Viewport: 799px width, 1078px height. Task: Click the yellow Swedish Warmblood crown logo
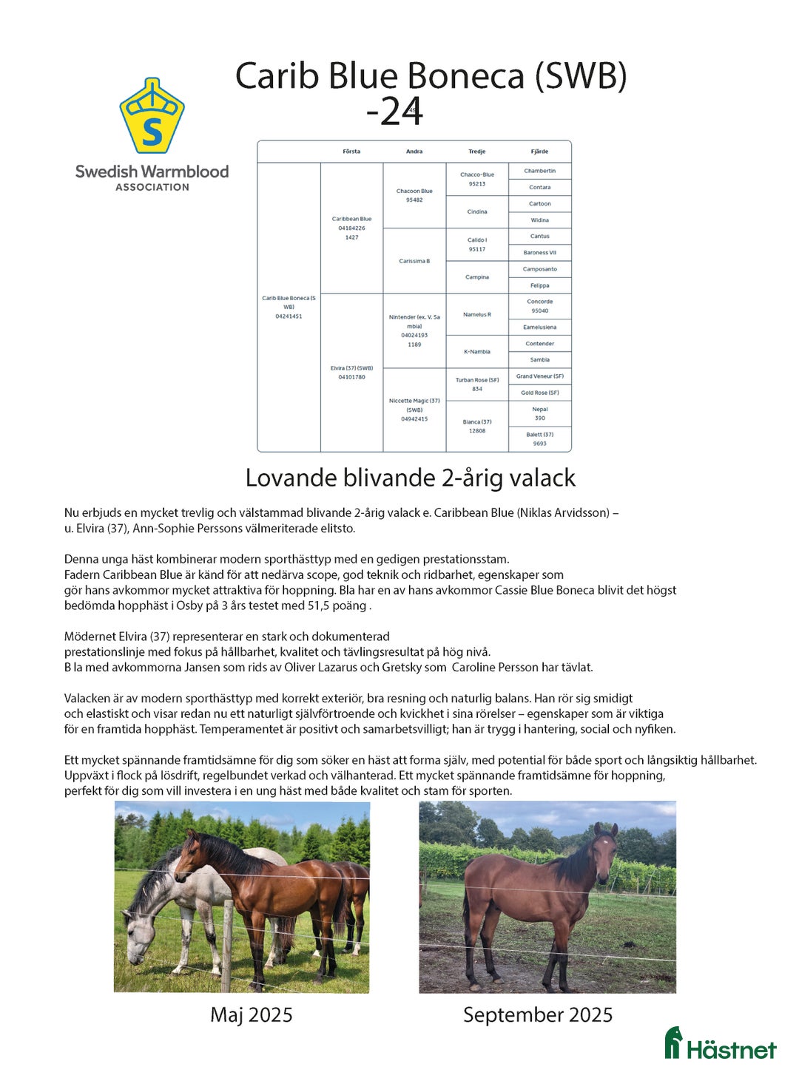pyautogui.click(x=152, y=116)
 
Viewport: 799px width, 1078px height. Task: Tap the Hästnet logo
pyautogui.click(x=720, y=1044)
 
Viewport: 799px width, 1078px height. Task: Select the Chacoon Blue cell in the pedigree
pyautogui.click(x=414, y=195)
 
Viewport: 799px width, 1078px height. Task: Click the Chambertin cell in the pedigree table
pyautogui.click(x=539, y=171)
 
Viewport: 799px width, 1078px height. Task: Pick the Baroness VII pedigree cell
pyautogui.click(x=539, y=253)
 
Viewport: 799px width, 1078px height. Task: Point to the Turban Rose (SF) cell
pyautogui.click(x=477, y=384)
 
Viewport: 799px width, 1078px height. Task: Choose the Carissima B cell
pyautogui.click(x=414, y=261)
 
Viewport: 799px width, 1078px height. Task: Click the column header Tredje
pyautogui.click(x=477, y=152)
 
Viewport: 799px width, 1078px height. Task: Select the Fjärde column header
pyautogui.click(x=539, y=152)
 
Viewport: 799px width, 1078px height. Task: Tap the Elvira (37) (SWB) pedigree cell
pyautogui.click(x=351, y=372)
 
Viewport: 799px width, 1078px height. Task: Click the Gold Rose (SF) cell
pyautogui.click(x=539, y=393)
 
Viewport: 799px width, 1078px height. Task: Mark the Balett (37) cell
pyautogui.click(x=539, y=438)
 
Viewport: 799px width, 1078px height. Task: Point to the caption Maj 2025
pyautogui.click(x=252, y=1014)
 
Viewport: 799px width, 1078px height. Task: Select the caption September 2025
pyautogui.click(x=538, y=1014)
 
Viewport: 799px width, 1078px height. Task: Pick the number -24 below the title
pyautogui.click(x=394, y=112)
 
